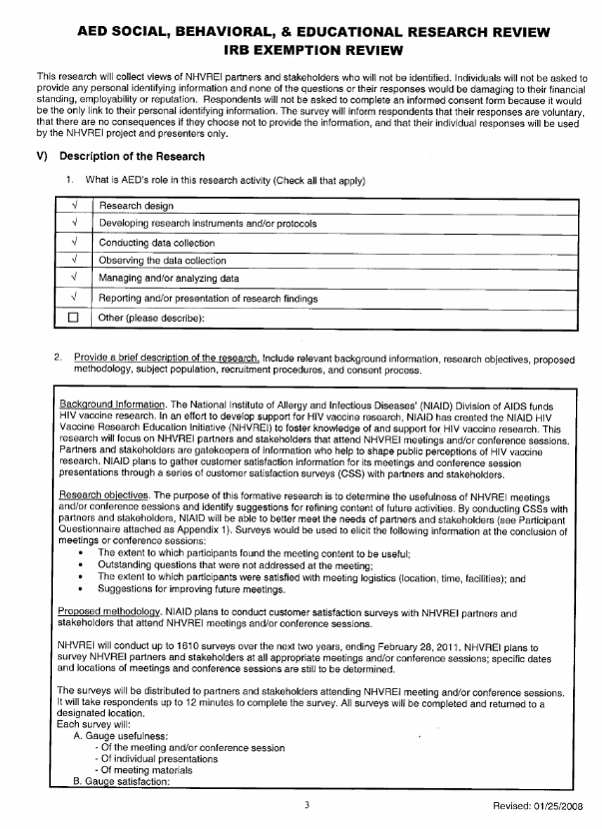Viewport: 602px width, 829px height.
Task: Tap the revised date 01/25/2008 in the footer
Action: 545,805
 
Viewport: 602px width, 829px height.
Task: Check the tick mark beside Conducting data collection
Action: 76,243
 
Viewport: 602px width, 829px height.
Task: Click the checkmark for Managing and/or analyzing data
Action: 76,279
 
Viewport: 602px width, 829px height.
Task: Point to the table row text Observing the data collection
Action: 163,261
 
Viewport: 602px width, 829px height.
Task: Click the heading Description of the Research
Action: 132,157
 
